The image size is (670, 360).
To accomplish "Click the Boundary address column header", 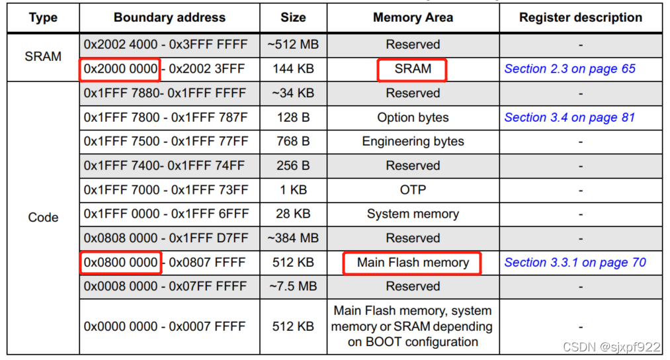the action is pos(169,17).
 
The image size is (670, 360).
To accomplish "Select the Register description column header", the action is pos(581,17).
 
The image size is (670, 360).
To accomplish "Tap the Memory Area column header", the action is pos(413,17).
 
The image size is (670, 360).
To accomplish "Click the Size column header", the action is pos(293,17).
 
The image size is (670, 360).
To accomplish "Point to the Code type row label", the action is pos(43,217).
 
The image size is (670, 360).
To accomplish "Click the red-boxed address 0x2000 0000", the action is pos(120,69).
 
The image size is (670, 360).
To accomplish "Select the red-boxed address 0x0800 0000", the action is pos(120,263).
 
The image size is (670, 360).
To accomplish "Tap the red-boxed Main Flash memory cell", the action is pos(413,263).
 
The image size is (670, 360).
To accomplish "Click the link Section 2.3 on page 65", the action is pos(569,69).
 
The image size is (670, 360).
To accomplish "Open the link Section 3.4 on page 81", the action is pos(569,118).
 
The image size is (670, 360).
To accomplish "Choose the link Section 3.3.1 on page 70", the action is pos(575,263).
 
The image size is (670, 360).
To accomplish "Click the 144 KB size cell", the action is pos(293,69).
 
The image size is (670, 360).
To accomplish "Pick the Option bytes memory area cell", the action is pos(413,118).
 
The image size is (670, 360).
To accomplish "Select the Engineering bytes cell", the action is pos(413,142).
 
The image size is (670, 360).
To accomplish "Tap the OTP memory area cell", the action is pos(413,190).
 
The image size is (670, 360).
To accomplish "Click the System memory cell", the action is pos(413,214).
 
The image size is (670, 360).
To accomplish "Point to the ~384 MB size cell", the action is pos(293,238).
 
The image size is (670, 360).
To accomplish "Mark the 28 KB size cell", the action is pos(293,214).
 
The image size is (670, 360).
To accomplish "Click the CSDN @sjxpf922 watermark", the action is pos(612,347).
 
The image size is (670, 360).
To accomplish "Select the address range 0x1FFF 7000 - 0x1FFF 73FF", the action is pos(166,190).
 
